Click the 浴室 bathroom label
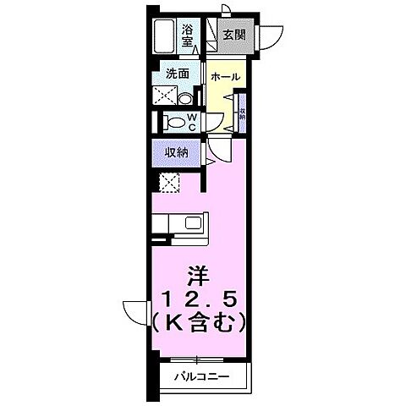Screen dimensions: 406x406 point(188,36)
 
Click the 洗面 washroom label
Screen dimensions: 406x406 point(177,73)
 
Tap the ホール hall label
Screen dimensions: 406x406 point(226,76)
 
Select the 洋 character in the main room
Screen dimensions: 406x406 point(200,277)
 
